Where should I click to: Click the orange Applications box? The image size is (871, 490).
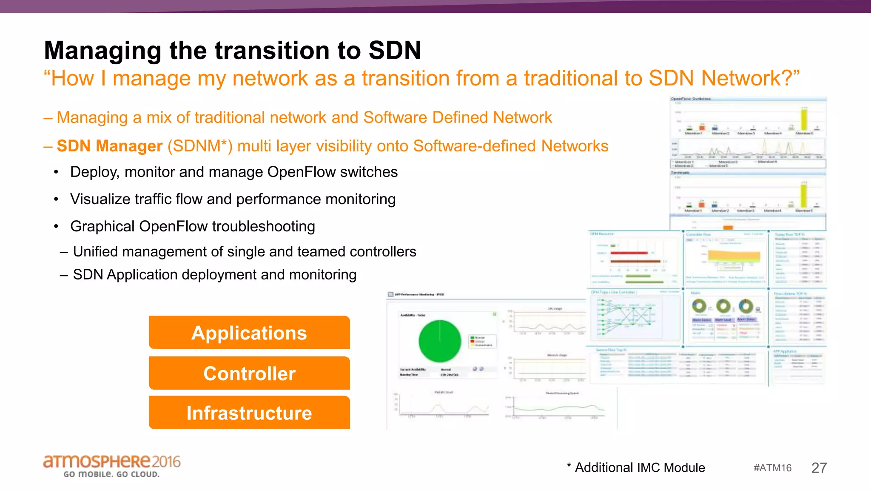tap(249, 333)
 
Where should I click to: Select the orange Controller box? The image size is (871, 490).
tap(249, 373)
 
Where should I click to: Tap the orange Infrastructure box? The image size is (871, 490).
tap(249, 413)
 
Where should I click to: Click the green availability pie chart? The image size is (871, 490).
tap(439, 341)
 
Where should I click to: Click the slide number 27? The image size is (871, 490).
tap(819, 468)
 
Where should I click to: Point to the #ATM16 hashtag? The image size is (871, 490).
tap(772, 468)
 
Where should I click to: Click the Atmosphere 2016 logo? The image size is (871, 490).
tap(112, 462)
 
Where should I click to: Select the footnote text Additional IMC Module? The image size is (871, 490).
tap(640, 467)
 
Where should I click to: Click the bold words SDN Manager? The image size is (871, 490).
tap(109, 146)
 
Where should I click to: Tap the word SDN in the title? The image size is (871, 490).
tap(394, 50)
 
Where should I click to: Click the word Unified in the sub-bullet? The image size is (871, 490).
tap(95, 251)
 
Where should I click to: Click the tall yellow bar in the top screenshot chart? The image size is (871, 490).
tap(804, 119)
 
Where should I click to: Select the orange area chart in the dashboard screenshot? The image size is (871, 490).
tap(733, 256)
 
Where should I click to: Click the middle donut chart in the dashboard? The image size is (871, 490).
tap(723, 305)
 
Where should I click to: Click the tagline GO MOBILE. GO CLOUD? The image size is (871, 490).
tap(111, 474)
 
